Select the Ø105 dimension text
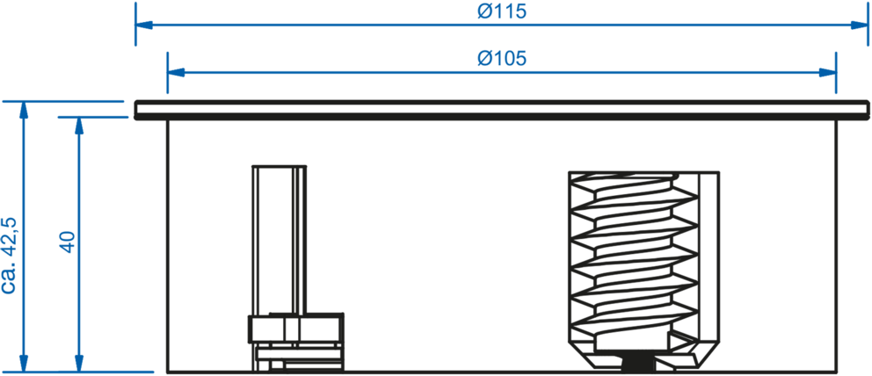click(x=501, y=59)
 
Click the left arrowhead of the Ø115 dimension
click(x=145, y=25)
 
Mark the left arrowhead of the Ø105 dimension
click(x=177, y=72)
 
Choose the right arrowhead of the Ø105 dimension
click(x=825, y=72)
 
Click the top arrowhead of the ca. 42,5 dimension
click(x=25, y=110)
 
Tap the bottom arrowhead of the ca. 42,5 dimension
click(x=25, y=363)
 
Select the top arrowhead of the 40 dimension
click(x=80, y=125)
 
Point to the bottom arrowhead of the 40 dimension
click(x=80, y=363)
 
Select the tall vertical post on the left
click(x=279, y=237)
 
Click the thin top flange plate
click(x=501, y=108)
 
